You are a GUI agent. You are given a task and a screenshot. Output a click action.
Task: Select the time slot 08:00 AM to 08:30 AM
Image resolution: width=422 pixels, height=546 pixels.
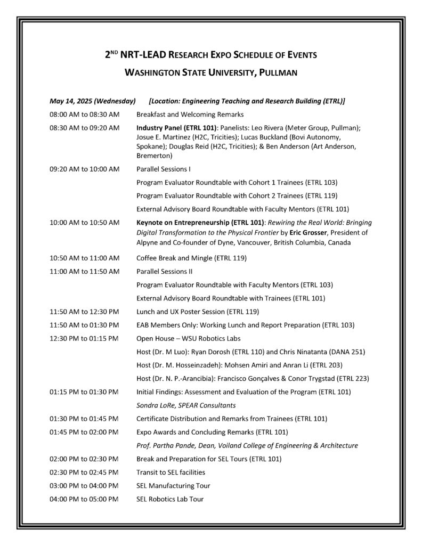[84, 115]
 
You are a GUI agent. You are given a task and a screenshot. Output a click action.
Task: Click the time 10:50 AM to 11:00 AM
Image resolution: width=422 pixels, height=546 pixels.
[84, 258]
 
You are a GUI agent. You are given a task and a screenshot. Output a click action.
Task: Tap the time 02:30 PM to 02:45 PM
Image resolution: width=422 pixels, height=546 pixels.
[84, 472]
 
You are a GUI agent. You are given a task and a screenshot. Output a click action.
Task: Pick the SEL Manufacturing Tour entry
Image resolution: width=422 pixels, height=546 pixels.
[173, 485]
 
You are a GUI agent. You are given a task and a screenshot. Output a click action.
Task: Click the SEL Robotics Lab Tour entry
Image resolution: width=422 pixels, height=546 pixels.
[170, 499]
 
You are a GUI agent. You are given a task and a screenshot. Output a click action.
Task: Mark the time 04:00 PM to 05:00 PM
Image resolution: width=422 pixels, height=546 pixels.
[84, 499]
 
